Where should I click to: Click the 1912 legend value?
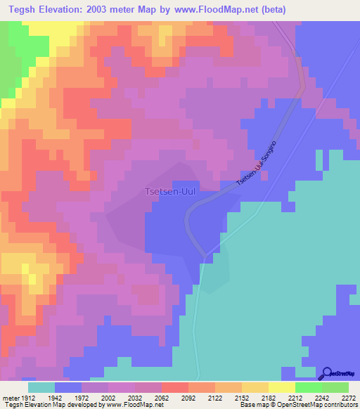click(x=27, y=396)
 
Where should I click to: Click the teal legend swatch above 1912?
click(x=41, y=387)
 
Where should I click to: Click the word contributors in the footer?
click(x=342, y=405)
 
